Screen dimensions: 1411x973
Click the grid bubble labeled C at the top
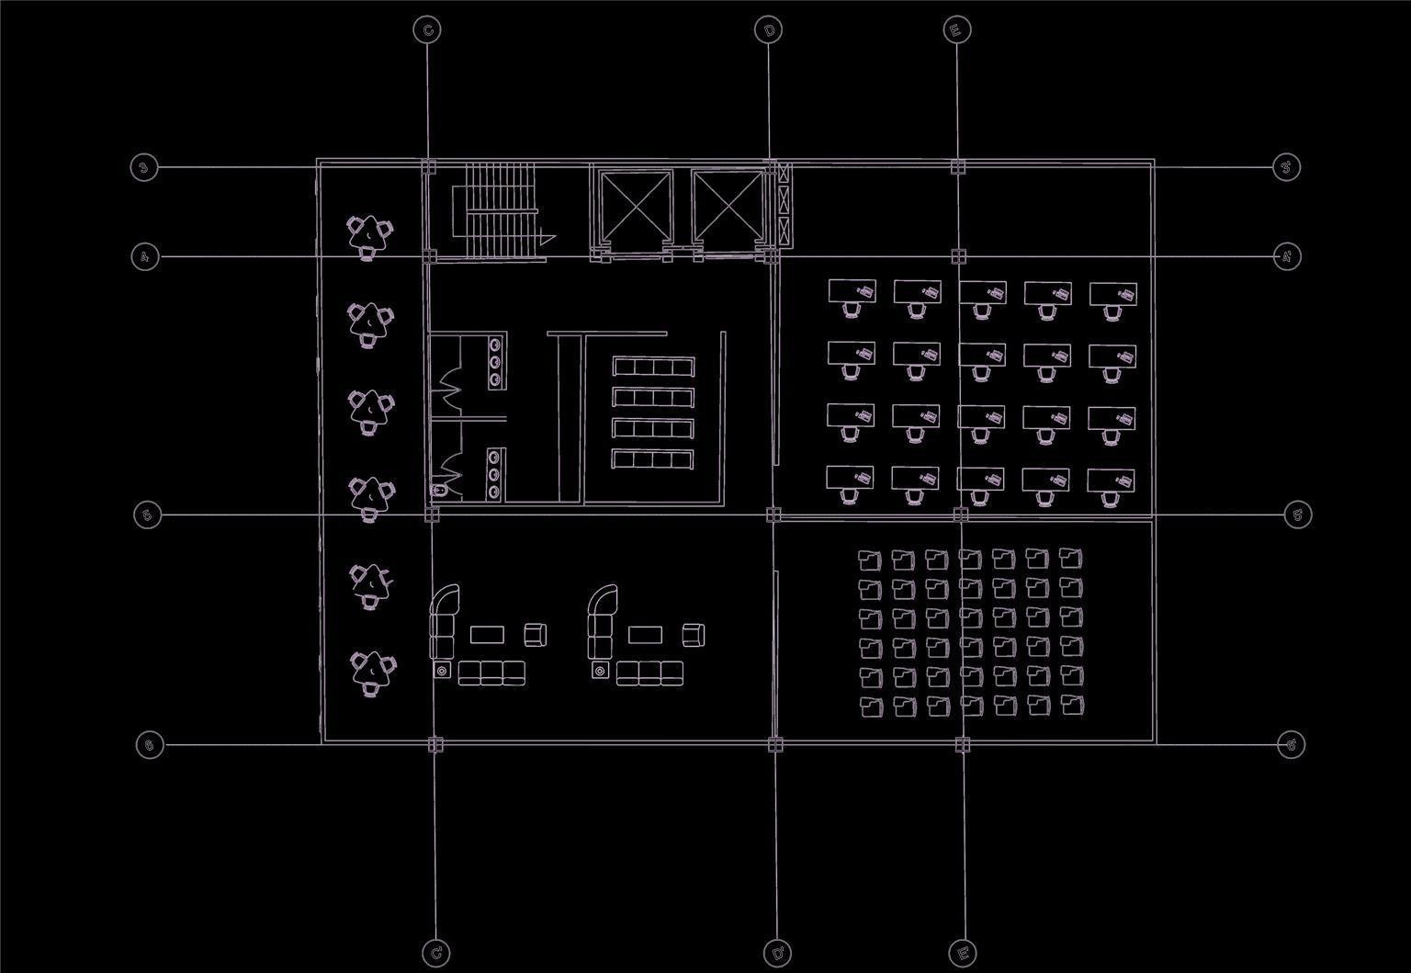point(427,30)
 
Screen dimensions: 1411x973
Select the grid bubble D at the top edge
point(769,30)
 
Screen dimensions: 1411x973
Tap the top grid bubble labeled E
point(956,30)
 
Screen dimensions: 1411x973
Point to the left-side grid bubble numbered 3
point(143,167)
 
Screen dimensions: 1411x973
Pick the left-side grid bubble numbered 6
point(150,744)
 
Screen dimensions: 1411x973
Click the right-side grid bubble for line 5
point(1297,515)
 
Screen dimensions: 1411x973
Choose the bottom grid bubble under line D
point(777,953)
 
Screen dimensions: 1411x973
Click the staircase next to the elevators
point(500,210)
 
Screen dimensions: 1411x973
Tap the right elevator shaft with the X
point(727,207)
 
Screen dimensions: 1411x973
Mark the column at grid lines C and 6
point(435,744)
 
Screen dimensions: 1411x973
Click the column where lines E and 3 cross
point(957,167)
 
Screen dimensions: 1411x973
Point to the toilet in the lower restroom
point(440,492)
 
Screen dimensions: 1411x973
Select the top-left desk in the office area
point(852,292)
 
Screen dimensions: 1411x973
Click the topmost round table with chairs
point(368,235)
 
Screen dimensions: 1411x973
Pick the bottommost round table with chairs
point(371,672)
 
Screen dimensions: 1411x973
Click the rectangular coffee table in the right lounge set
point(645,634)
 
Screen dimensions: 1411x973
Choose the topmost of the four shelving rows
point(652,368)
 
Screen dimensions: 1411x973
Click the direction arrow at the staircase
point(547,237)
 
